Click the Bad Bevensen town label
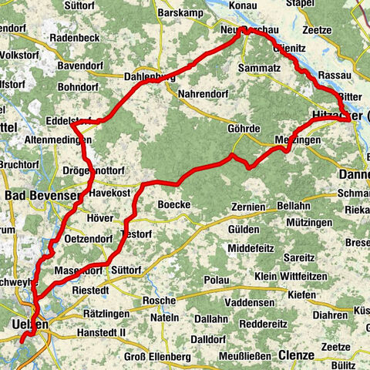pyautogui.click(x=42, y=196)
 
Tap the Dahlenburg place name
pyautogui.click(x=154, y=76)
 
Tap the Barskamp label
pyautogui.click(x=180, y=13)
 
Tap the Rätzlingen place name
pyautogui.click(x=99, y=314)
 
